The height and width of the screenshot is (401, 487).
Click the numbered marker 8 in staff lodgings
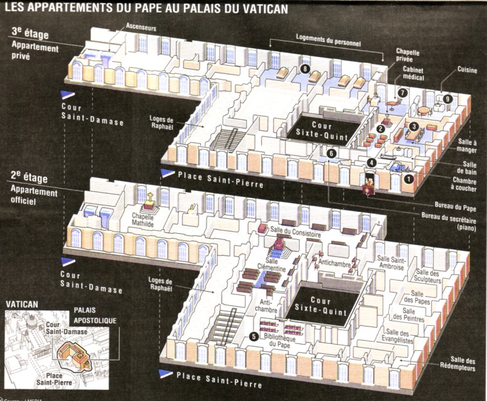(x=306, y=69)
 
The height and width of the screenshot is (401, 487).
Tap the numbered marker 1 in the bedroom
(x=408, y=179)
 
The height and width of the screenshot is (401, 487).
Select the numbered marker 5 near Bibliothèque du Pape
(x=253, y=336)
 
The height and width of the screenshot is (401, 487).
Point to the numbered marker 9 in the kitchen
(x=447, y=98)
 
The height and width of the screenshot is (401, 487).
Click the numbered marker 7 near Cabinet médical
(x=402, y=92)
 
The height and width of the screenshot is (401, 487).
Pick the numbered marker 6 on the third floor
(x=332, y=153)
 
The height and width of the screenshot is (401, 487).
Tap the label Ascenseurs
(x=141, y=28)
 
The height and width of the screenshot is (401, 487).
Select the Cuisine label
(x=467, y=71)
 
